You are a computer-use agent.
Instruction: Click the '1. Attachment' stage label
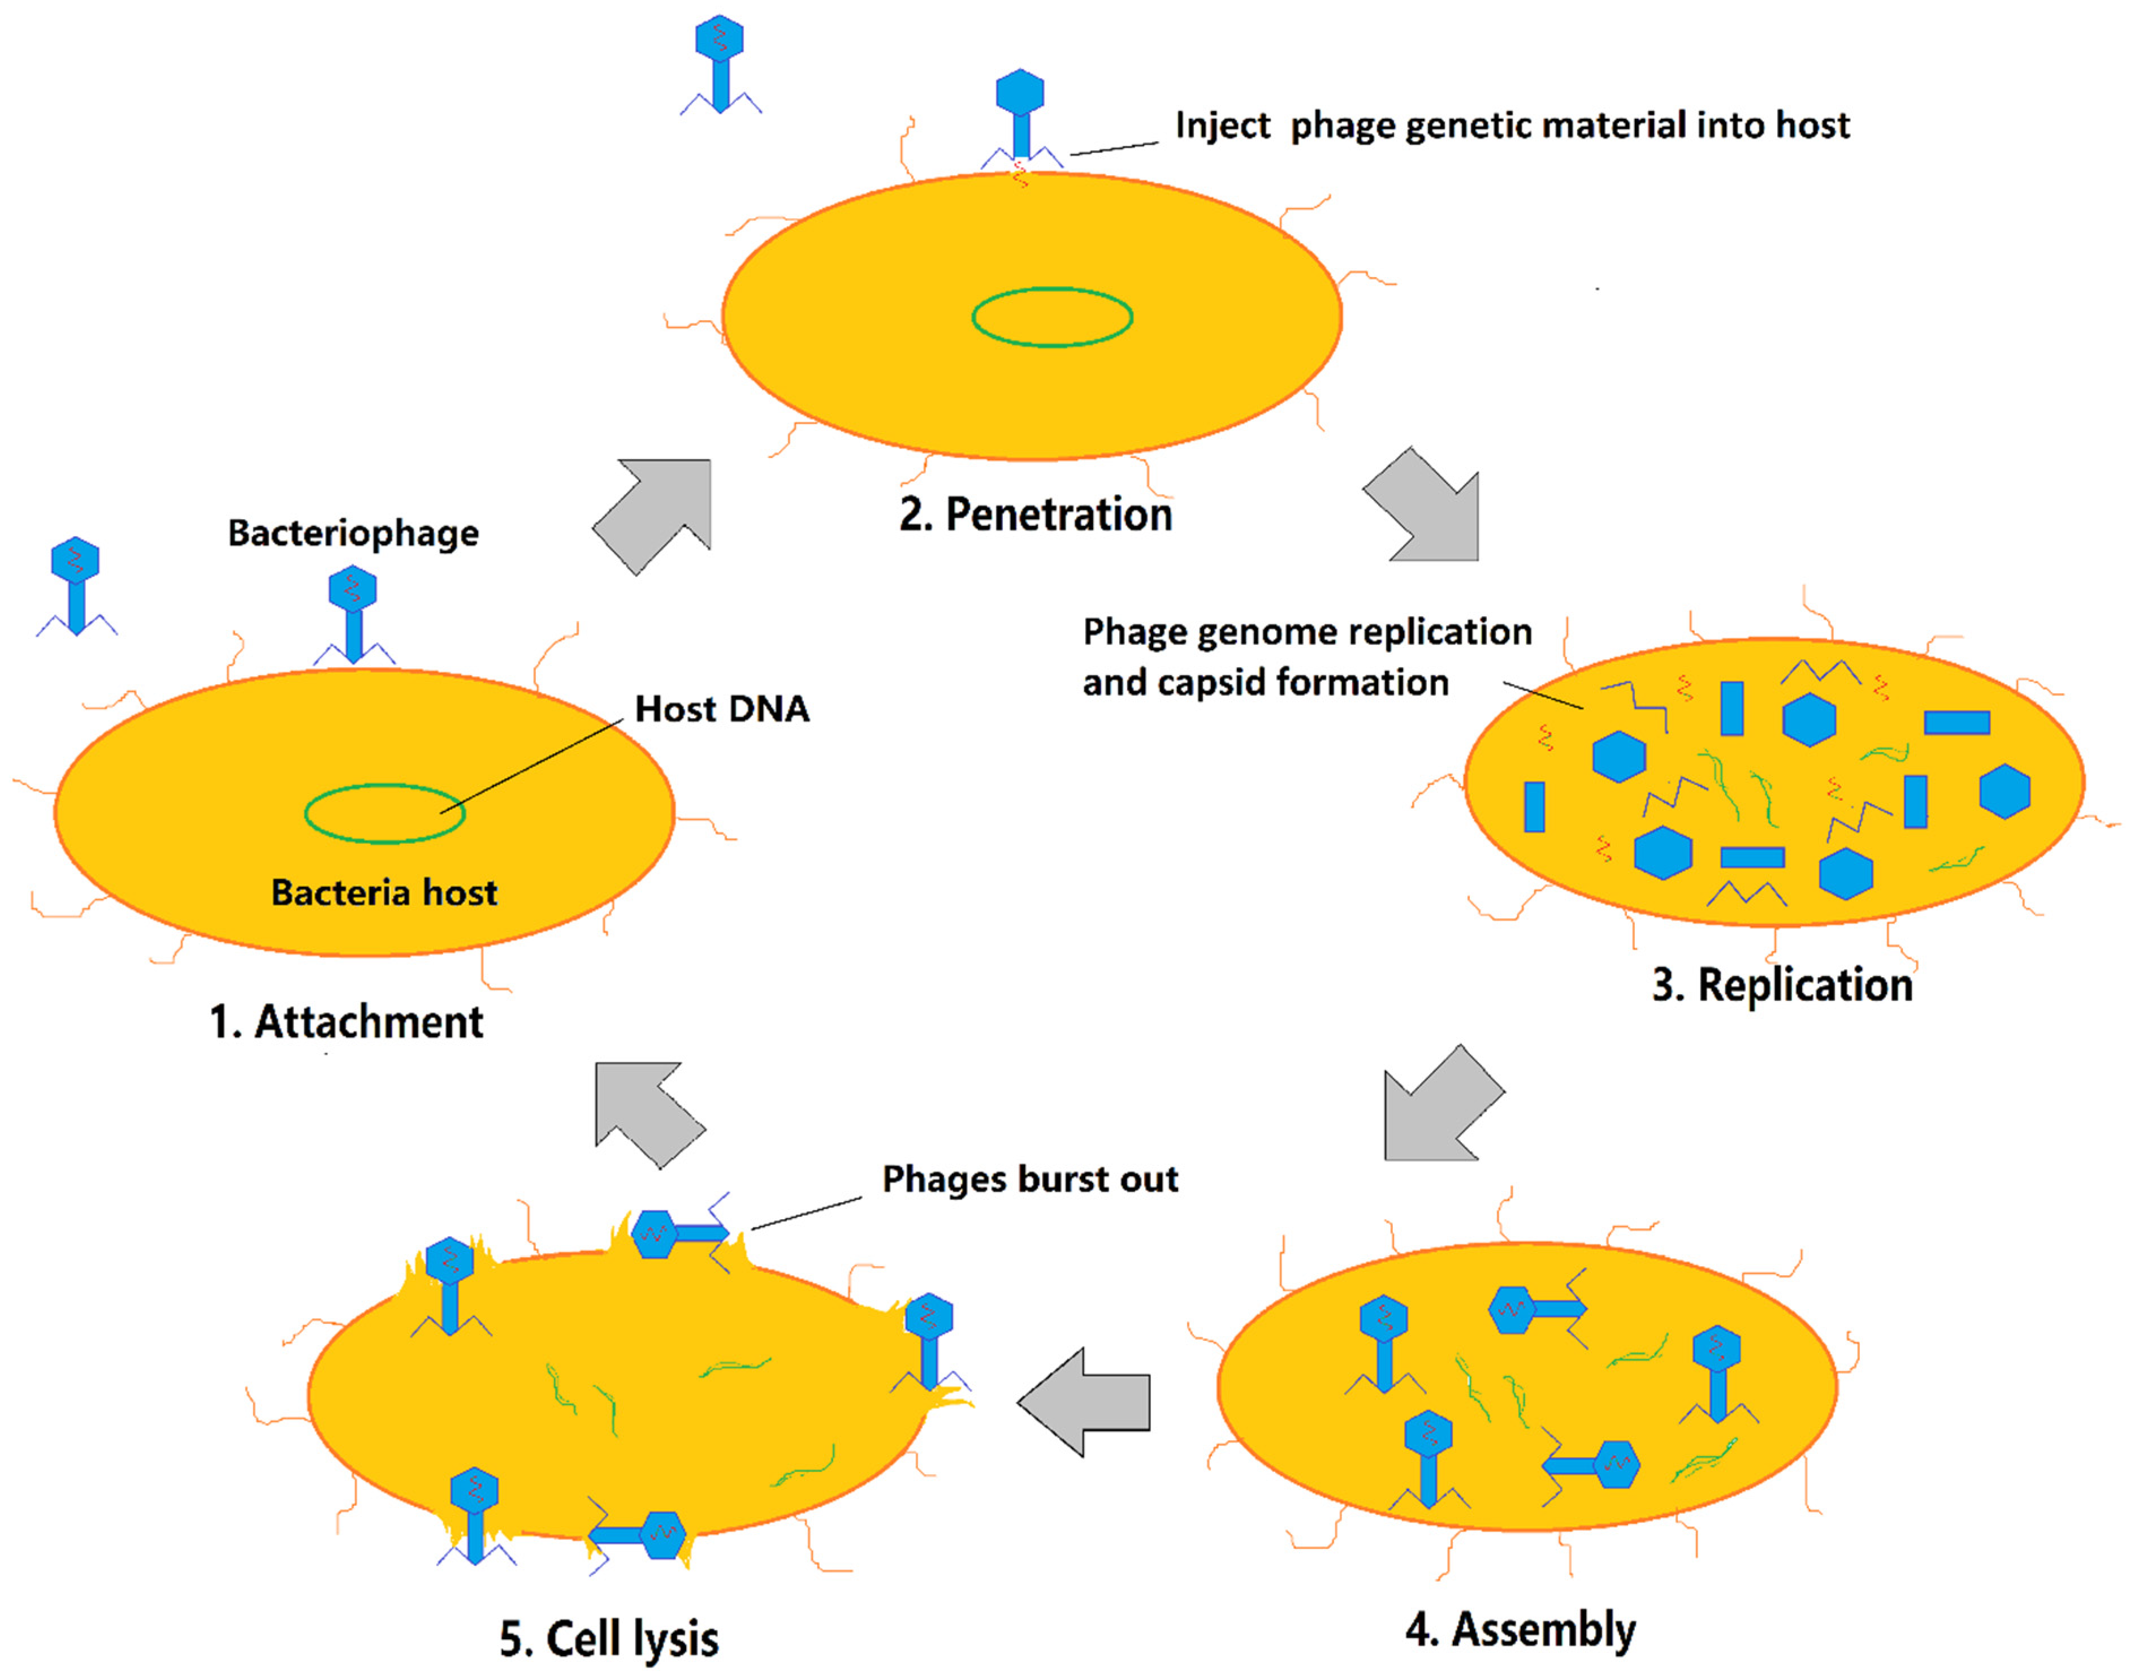346,1023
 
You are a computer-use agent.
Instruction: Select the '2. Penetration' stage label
1036,515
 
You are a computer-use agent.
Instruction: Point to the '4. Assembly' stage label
1520,1629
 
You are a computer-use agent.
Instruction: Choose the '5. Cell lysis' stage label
609,1639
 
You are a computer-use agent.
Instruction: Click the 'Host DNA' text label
722,708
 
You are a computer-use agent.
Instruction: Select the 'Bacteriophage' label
353,533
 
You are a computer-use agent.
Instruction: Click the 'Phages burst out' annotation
1029,1178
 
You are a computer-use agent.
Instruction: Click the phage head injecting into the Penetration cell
1020,93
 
